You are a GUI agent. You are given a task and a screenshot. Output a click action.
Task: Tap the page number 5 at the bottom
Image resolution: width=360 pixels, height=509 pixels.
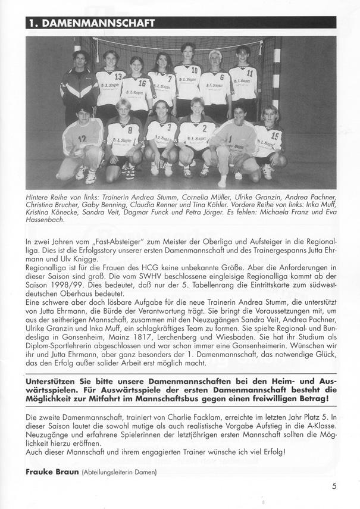pyautogui.click(x=335, y=485)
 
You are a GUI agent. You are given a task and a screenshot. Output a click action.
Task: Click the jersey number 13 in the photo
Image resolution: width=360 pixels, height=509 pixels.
pyautogui.click(x=118, y=77)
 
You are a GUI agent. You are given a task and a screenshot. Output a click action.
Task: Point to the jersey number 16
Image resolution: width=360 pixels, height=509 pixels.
pyautogui.click(x=142, y=84)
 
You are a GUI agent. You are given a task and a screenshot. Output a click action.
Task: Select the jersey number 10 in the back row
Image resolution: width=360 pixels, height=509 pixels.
pyautogui.click(x=194, y=71)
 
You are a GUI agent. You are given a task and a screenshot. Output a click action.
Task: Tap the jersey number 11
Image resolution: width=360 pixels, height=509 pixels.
pyautogui.click(x=250, y=73)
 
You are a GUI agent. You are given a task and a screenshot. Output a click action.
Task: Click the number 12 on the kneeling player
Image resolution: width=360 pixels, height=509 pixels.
pyautogui.click(x=82, y=139)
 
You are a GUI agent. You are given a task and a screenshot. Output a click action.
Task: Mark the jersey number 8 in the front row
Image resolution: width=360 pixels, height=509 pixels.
pyautogui.click(x=130, y=129)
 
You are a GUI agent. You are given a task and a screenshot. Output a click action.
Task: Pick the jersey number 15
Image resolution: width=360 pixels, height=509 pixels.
pyautogui.click(x=275, y=136)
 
